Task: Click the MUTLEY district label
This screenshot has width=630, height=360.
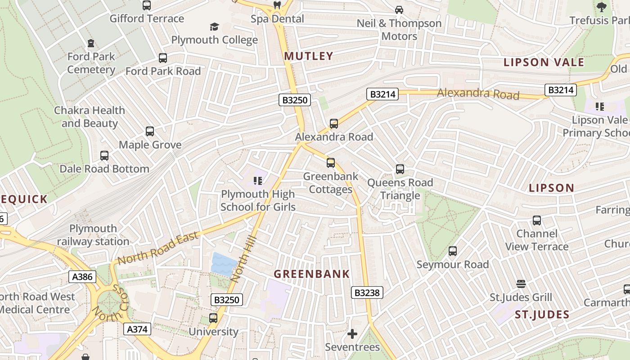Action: [x=308, y=56]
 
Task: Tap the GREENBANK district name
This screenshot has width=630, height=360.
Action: [x=311, y=274]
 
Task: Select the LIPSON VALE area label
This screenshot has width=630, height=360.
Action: [x=544, y=62]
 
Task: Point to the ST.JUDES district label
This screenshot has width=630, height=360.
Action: [x=542, y=315]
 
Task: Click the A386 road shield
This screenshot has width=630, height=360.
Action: [x=83, y=276]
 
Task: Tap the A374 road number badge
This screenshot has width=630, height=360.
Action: [x=137, y=329]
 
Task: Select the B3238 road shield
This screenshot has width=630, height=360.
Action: [x=367, y=293]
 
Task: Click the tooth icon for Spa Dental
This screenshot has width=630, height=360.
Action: [x=277, y=5]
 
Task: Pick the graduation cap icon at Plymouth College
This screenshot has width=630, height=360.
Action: [x=214, y=27]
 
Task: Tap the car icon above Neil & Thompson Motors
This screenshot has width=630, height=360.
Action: [x=399, y=9]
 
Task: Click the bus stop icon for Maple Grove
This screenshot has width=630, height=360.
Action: [x=150, y=131]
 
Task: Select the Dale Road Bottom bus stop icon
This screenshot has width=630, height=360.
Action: [x=104, y=156]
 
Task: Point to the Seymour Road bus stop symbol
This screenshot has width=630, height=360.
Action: [x=453, y=251]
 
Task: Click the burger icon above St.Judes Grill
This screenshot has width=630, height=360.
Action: [x=521, y=284]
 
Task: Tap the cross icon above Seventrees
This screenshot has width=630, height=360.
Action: [x=352, y=334]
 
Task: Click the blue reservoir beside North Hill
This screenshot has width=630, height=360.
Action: [x=224, y=264]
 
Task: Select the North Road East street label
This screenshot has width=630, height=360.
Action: [x=158, y=248]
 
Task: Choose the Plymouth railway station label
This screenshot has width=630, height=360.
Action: [x=93, y=235]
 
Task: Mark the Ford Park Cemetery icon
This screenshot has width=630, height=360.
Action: [x=91, y=44]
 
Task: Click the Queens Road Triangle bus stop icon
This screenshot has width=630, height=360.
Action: [x=400, y=169]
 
